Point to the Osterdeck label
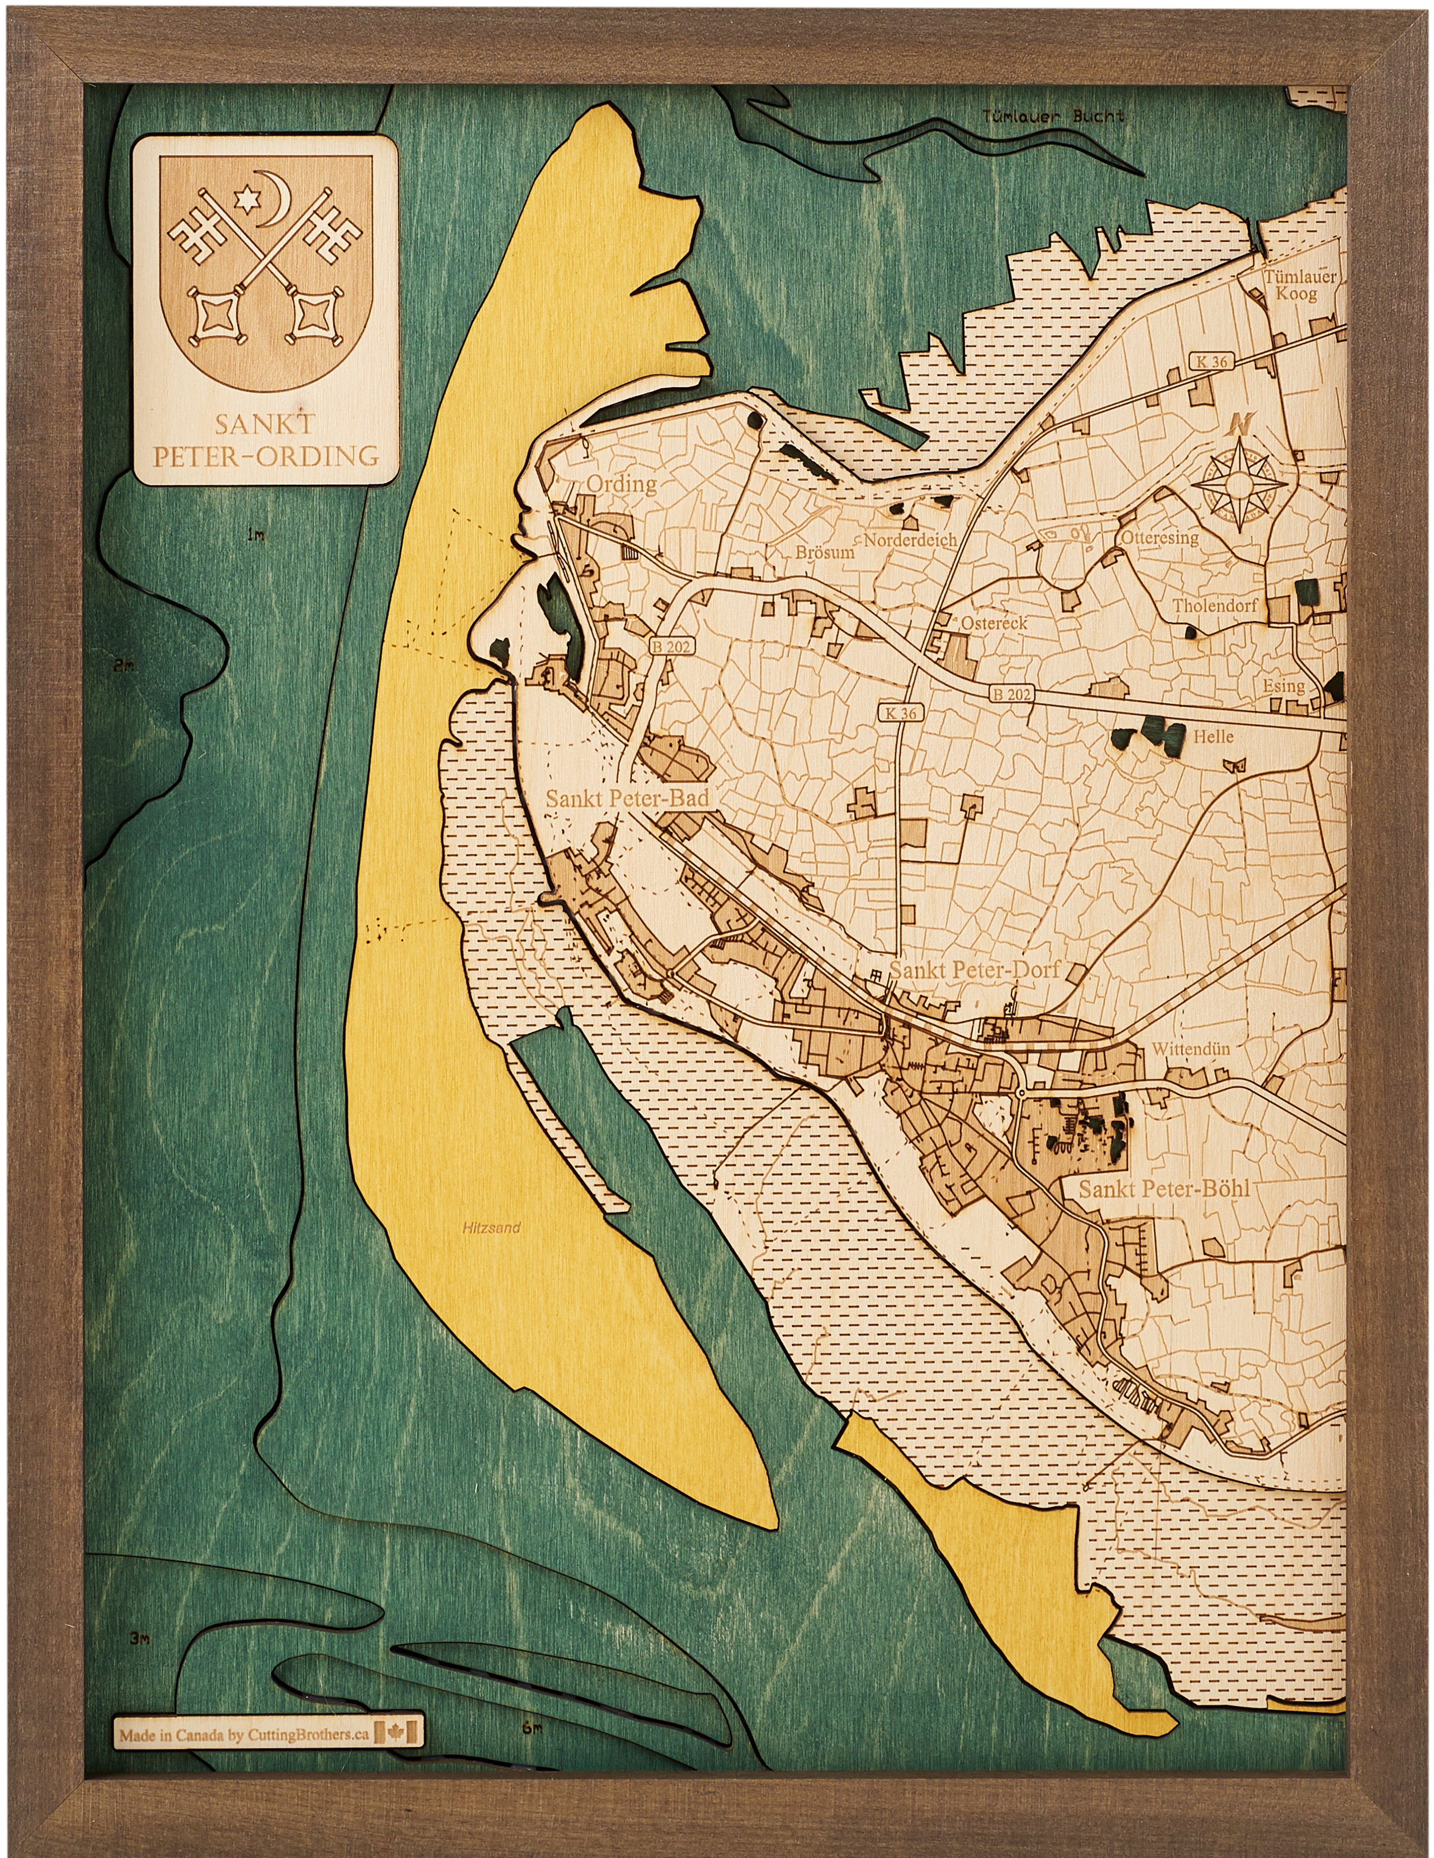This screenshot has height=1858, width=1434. click(993, 623)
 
